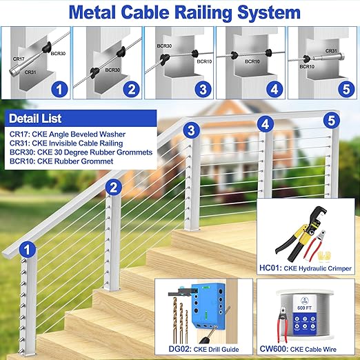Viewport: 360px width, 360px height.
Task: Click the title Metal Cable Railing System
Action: [179, 12]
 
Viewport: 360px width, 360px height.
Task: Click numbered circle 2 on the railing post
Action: [114, 186]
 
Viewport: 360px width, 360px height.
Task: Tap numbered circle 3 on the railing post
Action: [191, 128]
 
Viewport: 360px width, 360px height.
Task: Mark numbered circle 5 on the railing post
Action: [331, 121]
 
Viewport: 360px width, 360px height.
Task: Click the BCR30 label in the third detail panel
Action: [164, 47]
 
